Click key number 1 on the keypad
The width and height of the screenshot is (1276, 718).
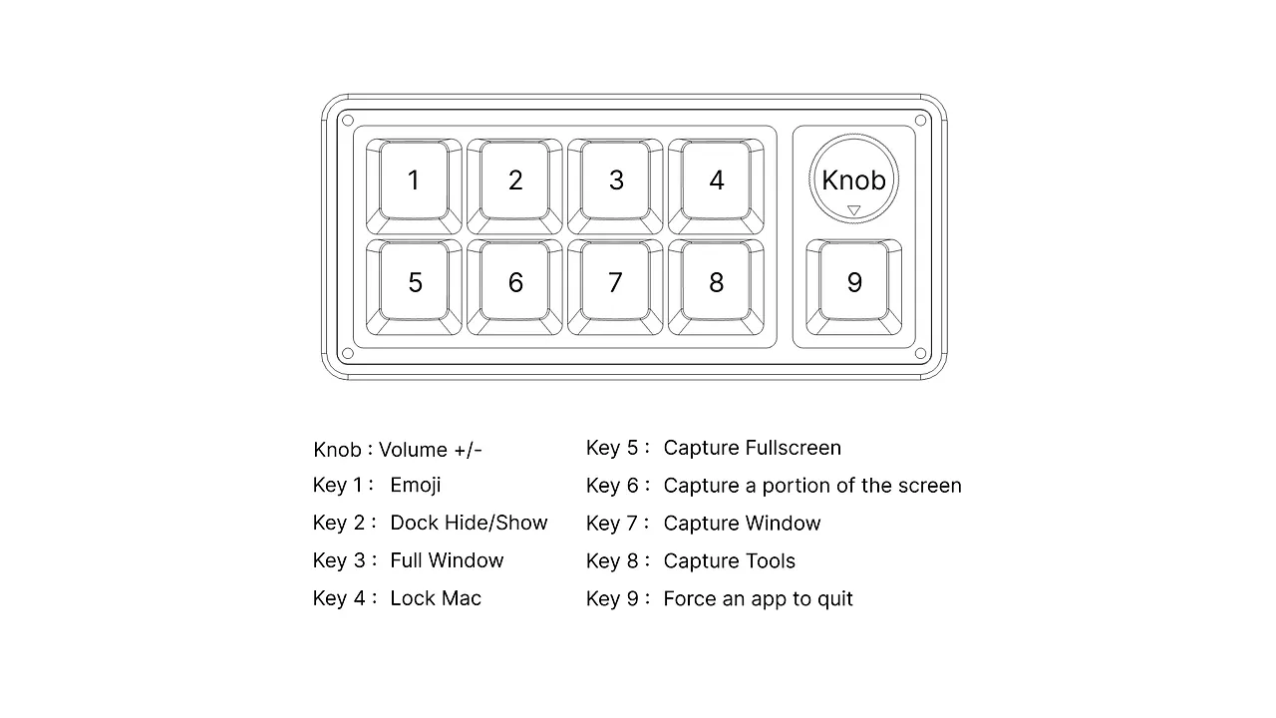[414, 180]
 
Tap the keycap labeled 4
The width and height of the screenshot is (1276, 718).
[716, 180]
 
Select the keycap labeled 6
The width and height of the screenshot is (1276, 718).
[515, 282]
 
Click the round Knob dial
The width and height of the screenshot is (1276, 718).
[853, 179]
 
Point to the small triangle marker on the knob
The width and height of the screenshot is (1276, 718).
[853, 209]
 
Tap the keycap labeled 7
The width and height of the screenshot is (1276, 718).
[615, 282]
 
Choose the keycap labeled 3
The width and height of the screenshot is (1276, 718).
[616, 180]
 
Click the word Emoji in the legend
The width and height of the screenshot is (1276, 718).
[416, 486]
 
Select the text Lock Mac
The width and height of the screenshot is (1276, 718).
[436, 598]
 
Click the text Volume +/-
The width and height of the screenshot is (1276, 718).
[431, 450]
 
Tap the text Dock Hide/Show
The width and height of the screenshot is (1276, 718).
[469, 523]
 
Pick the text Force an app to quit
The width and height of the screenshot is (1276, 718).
[758, 599]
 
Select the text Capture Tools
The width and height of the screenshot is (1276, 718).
[730, 561]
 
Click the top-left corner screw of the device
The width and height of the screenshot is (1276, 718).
[348, 121]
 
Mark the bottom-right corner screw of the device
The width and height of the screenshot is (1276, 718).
[920, 353]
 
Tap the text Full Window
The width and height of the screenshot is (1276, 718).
[447, 560]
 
